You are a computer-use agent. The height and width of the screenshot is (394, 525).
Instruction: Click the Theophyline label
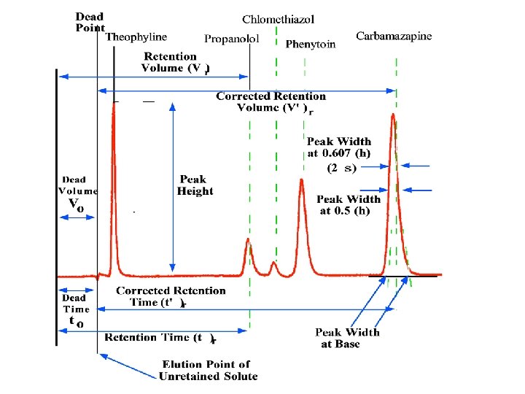[x=136, y=37]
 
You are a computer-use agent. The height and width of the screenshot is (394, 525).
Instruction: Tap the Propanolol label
[x=231, y=39]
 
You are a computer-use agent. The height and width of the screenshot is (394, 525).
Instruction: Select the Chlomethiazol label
[x=279, y=19]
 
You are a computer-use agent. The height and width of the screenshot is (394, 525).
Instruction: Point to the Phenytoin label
[x=311, y=45]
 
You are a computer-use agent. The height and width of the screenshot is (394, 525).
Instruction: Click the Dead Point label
[x=90, y=22]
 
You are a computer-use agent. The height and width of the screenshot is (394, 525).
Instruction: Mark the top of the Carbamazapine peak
[x=393, y=115]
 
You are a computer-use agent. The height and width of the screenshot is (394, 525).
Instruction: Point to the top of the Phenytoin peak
[x=302, y=179]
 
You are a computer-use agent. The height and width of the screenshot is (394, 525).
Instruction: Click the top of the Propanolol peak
[x=248, y=239]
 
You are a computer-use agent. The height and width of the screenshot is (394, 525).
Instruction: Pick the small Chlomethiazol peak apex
[x=274, y=262]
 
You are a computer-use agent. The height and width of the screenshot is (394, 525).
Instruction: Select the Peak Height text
[x=195, y=185]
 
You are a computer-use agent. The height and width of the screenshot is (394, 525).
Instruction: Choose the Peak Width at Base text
[x=347, y=338]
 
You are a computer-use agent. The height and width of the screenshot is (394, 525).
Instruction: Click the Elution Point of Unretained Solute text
[x=206, y=370]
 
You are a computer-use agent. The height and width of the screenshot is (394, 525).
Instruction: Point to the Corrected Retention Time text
[x=171, y=296]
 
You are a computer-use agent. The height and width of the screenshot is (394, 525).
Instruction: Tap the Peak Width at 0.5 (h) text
[x=348, y=205]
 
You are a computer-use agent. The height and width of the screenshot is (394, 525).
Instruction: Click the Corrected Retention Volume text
[x=271, y=102]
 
